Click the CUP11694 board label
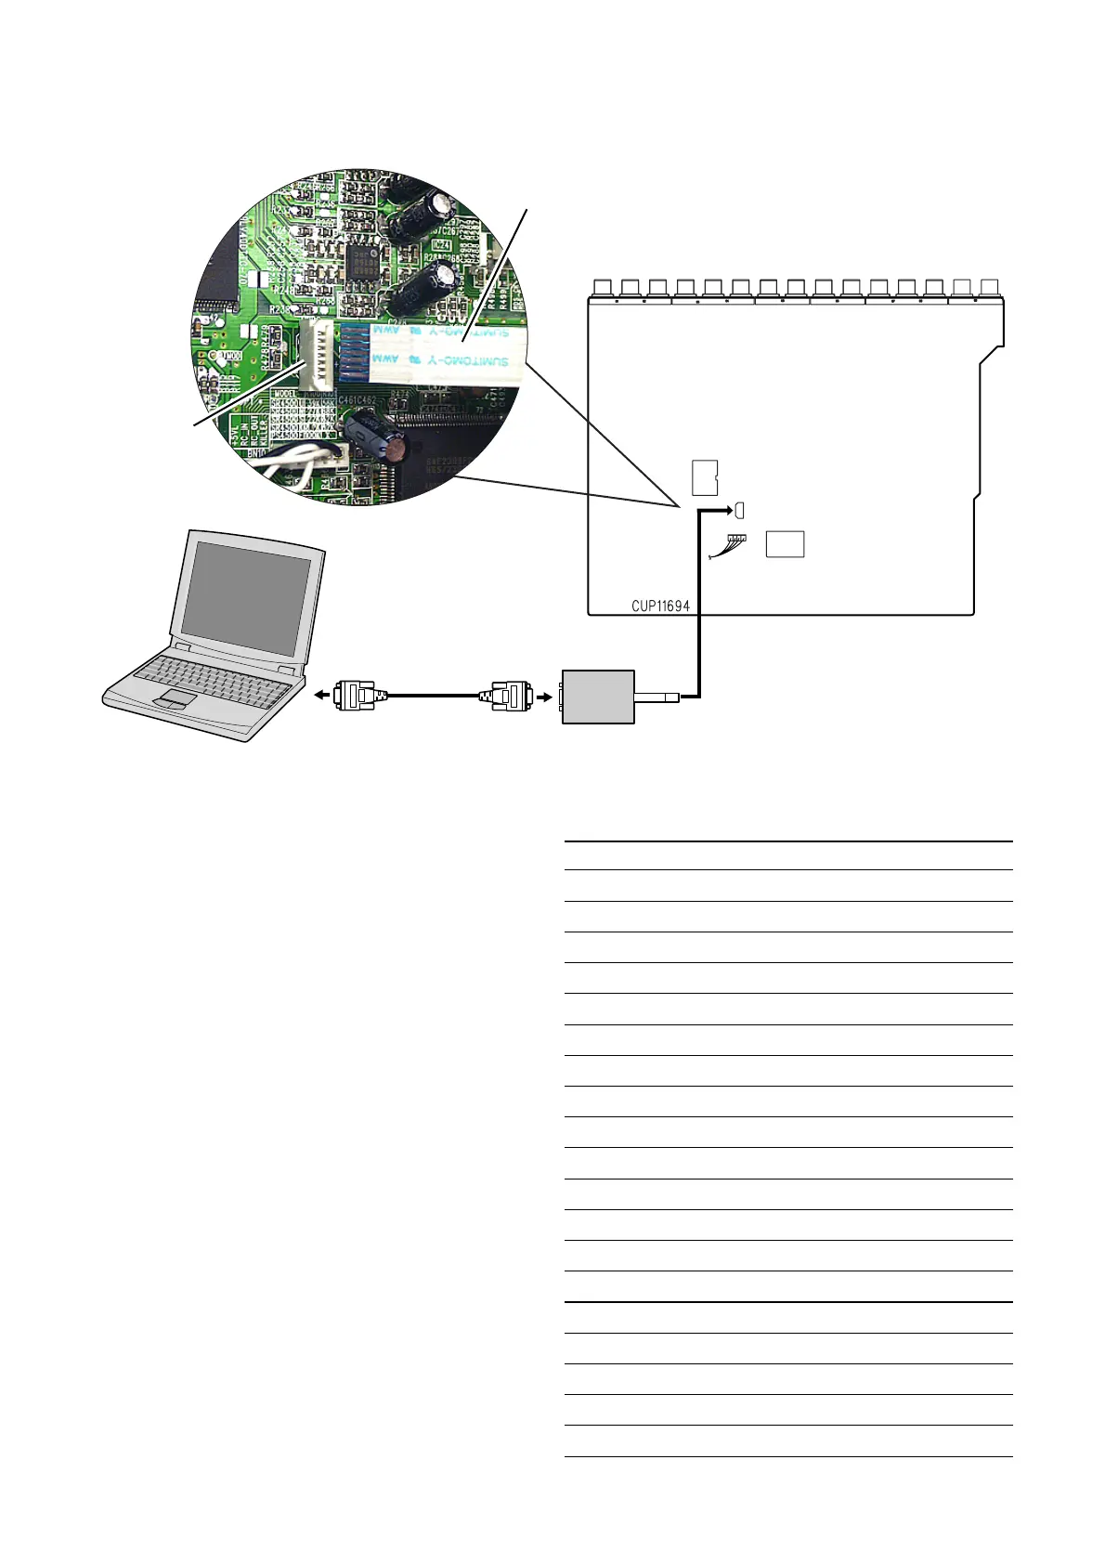(x=660, y=606)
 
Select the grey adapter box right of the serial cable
(x=598, y=697)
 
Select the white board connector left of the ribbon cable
(x=318, y=355)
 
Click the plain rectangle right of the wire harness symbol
(x=785, y=544)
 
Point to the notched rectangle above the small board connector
(x=705, y=477)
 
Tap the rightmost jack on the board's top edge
(x=989, y=288)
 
